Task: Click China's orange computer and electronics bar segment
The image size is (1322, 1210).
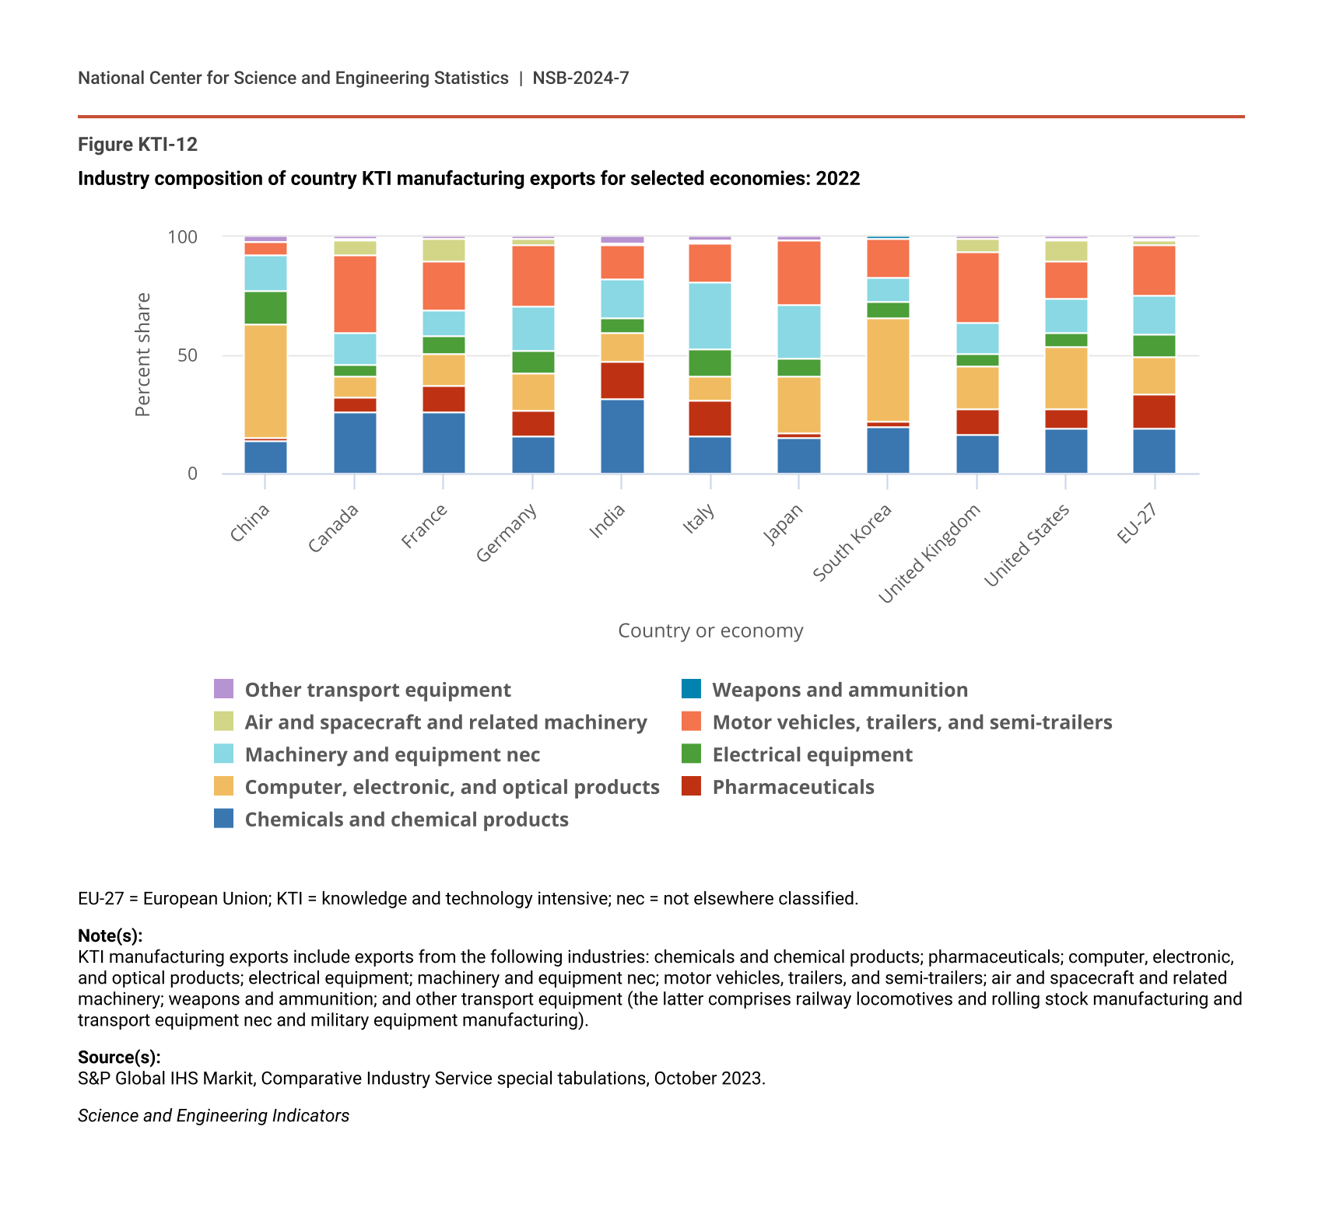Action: pos(265,381)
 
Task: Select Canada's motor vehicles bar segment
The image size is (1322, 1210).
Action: pos(355,294)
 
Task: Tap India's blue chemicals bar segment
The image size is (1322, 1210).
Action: pos(622,435)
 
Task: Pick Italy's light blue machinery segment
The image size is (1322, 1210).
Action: pos(710,316)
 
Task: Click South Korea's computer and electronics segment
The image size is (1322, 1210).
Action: pos(888,369)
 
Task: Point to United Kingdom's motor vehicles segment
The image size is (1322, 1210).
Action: pos(977,287)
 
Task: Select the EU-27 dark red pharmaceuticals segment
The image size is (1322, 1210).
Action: pos(1154,411)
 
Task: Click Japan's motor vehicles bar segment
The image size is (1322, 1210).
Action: pos(798,272)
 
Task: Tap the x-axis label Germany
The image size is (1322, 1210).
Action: pos(507,533)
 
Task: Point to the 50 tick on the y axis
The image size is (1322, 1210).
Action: pos(188,355)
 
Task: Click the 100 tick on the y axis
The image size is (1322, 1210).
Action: pos(183,236)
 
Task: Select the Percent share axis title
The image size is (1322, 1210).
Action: pos(142,355)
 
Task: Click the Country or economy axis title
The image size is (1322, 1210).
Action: pos(710,631)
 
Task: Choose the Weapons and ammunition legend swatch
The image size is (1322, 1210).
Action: pos(691,689)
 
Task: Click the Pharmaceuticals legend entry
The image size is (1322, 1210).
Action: pos(793,787)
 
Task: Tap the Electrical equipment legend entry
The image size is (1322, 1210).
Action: pos(812,754)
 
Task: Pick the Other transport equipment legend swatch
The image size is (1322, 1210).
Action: pos(223,689)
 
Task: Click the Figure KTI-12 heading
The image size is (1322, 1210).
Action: pos(138,145)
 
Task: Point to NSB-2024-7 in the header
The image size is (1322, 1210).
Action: pos(580,78)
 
